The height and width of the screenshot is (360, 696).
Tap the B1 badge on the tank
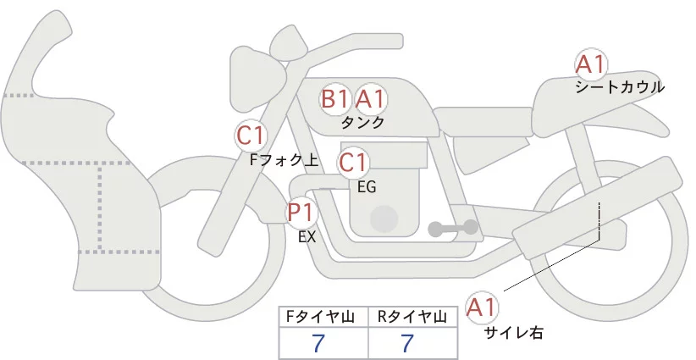[x=334, y=99]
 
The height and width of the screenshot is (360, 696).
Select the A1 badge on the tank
[x=370, y=99]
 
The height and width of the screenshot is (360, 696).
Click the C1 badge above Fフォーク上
[x=251, y=135]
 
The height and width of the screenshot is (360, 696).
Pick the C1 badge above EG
[x=353, y=162]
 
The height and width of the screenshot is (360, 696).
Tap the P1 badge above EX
[x=301, y=211]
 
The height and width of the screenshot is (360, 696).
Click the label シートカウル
[x=620, y=86]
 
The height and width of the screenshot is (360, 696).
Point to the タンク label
[x=362, y=122]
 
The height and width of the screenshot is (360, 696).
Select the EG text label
[x=367, y=186]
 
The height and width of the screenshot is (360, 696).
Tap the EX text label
[x=307, y=237]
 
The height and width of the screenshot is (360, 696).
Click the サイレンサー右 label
[x=513, y=332]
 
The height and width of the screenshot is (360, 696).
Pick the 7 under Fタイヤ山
[x=318, y=344]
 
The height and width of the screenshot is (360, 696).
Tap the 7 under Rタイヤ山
[x=408, y=344]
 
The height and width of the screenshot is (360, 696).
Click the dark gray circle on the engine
[x=384, y=218]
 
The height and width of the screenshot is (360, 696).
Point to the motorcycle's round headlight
[x=256, y=67]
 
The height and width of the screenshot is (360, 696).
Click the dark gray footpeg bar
[x=453, y=228]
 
